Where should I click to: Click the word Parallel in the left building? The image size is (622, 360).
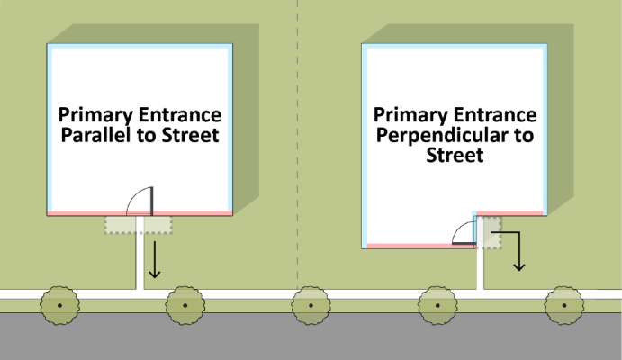point(95,135)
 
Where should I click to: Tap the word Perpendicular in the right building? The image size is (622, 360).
point(444,136)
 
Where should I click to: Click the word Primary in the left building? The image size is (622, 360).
point(95,115)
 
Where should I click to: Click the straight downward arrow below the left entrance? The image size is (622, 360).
point(154,259)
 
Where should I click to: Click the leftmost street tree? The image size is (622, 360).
point(59,305)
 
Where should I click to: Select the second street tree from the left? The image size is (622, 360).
point(185,305)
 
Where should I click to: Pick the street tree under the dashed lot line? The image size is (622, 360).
point(311,305)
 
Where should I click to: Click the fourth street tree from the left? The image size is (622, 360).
point(437,305)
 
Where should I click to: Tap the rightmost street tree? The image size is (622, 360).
point(563,305)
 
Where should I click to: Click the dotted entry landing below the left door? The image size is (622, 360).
point(138,225)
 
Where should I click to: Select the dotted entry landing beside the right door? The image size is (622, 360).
point(489,233)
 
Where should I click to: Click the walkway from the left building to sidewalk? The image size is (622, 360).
point(140,257)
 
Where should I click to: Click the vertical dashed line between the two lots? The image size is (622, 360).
point(298,143)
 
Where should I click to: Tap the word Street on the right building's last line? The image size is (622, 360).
point(455,155)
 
